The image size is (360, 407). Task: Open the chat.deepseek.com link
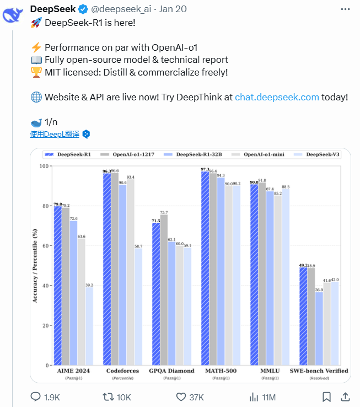(x=277, y=97)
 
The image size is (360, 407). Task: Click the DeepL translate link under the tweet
(x=55, y=134)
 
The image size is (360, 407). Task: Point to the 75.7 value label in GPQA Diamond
(x=164, y=213)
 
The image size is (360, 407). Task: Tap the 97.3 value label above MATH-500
(x=205, y=169)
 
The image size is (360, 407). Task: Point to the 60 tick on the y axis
(x=45, y=246)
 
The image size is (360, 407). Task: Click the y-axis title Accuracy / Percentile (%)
(x=35, y=265)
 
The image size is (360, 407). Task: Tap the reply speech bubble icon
(x=35, y=397)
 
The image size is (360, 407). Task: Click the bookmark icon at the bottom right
(x=326, y=397)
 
